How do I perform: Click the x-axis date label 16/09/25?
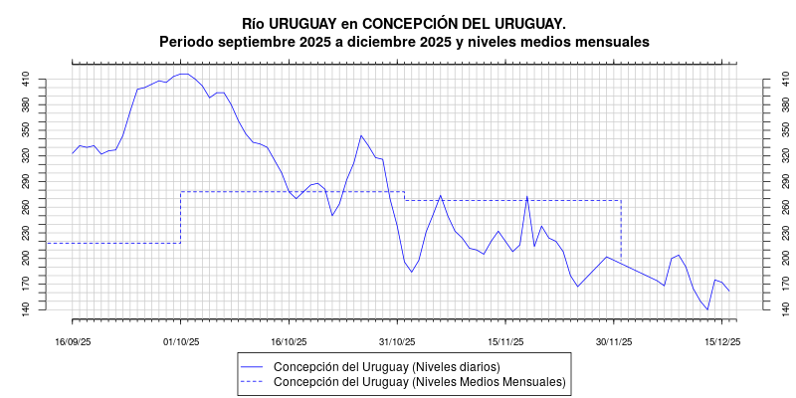click(73, 341)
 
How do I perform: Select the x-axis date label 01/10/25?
click(181, 341)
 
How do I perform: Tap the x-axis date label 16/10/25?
click(289, 341)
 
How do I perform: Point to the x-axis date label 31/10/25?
click(397, 341)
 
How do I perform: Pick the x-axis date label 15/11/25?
click(505, 341)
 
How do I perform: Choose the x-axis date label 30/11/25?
click(614, 341)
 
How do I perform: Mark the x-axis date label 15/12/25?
click(722, 341)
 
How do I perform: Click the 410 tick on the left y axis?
click(26, 79)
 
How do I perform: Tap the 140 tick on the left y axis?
click(26, 309)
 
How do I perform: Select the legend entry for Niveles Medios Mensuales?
click(419, 381)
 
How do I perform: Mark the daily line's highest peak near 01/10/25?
click(184, 74)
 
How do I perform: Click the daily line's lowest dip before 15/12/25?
click(707, 309)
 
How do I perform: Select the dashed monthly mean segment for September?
click(113, 243)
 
